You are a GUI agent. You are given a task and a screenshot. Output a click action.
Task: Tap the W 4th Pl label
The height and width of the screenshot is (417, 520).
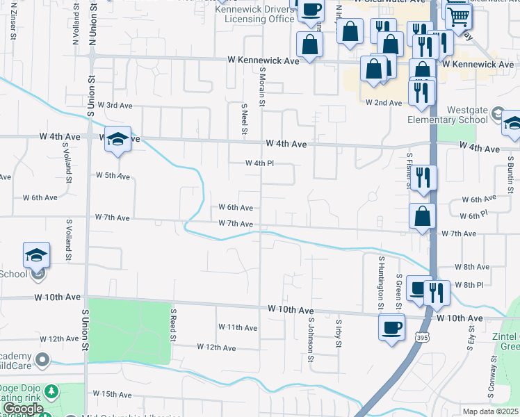(x=259, y=163)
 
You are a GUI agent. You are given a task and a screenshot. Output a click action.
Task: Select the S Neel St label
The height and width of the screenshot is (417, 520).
(x=244, y=120)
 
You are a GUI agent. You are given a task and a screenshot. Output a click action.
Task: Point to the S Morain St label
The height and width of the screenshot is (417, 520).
(x=263, y=87)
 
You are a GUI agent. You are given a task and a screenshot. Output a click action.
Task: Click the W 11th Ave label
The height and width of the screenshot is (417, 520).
(x=238, y=327)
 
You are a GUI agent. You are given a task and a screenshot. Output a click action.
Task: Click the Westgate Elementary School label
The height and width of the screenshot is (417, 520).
(x=457, y=115)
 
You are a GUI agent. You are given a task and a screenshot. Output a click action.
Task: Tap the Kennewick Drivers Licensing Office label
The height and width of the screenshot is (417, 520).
(x=254, y=15)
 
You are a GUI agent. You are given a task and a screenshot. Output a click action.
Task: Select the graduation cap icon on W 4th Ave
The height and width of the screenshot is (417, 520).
(x=118, y=140)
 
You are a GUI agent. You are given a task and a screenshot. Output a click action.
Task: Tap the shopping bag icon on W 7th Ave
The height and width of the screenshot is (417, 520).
(x=422, y=217)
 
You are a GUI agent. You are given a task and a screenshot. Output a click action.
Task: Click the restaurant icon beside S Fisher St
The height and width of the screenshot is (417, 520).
(x=423, y=178)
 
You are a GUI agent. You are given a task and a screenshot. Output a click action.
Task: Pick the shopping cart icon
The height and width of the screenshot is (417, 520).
(x=459, y=15)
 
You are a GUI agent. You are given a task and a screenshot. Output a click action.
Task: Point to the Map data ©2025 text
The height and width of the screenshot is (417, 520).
(x=491, y=411)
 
